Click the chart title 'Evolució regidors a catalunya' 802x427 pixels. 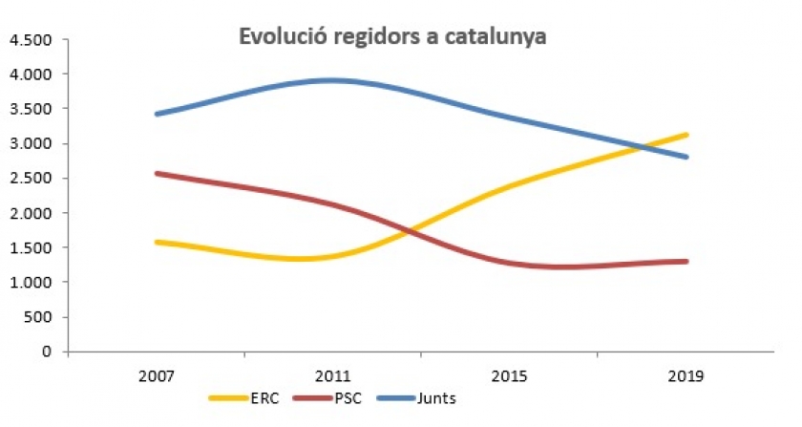click(x=391, y=37)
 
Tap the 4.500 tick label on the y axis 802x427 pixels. click(x=30, y=40)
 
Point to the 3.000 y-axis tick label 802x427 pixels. click(x=30, y=144)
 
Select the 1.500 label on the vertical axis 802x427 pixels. click(x=30, y=247)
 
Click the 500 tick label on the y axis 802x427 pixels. click(x=37, y=317)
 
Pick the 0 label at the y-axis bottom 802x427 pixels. click(x=47, y=352)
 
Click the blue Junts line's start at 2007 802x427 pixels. click(x=157, y=114)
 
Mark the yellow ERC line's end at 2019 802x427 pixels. click(x=686, y=136)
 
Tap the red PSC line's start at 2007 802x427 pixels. click(x=157, y=174)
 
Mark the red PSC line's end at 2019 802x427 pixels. click(x=686, y=261)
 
